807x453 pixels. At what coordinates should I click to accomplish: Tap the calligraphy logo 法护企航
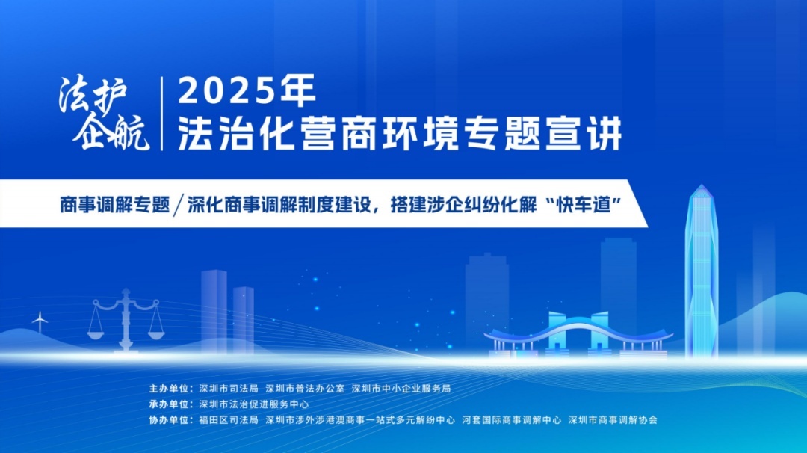[x=103, y=114]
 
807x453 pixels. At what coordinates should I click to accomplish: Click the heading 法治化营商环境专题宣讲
[x=400, y=134]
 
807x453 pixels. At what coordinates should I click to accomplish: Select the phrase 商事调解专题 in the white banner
[x=115, y=205]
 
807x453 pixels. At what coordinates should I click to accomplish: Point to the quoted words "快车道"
[x=584, y=205]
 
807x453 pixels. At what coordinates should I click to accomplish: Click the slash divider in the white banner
[x=179, y=205]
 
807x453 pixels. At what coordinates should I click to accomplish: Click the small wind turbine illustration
[x=39, y=321]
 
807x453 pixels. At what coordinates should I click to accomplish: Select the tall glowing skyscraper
[x=701, y=271]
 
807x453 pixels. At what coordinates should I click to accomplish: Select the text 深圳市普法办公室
[x=305, y=389]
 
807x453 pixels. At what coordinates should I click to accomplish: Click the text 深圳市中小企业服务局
[x=401, y=389]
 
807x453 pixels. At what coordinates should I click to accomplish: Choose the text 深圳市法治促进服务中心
[x=254, y=404]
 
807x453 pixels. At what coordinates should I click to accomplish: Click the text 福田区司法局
[x=229, y=420]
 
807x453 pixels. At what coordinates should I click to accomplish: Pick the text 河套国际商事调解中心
[x=512, y=420]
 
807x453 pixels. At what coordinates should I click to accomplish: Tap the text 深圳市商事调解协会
[x=613, y=420]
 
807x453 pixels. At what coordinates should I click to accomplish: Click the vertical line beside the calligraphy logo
[x=163, y=114]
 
